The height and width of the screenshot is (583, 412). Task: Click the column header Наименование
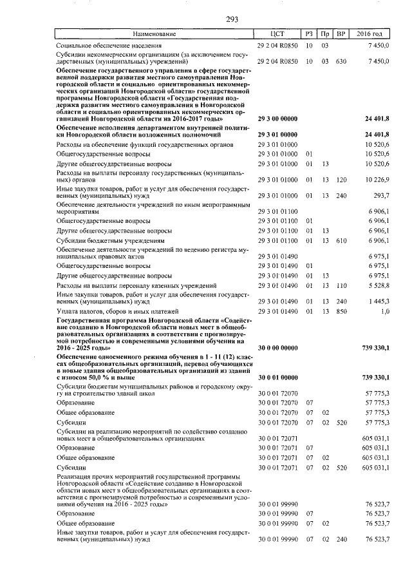click(154, 33)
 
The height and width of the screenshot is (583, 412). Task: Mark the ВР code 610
click(341, 240)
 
